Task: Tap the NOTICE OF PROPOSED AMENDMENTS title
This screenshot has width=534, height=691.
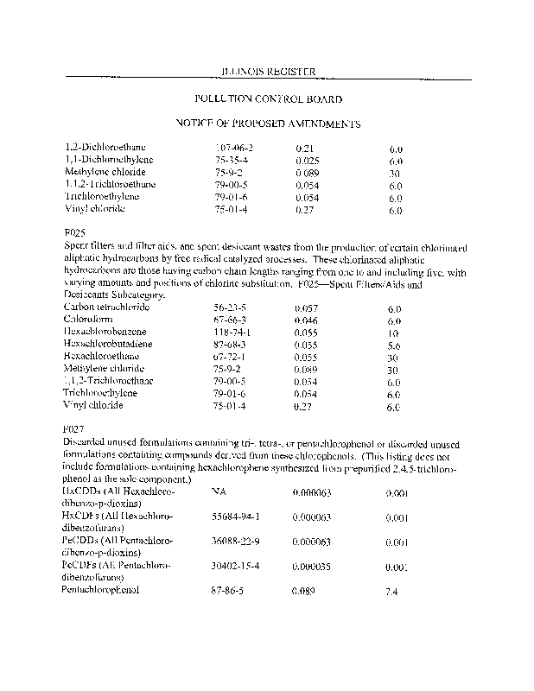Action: coord(268,124)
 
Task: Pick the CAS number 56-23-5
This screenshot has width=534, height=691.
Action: coord(229,307)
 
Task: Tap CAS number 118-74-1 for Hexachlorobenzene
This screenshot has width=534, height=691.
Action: coord(232,332)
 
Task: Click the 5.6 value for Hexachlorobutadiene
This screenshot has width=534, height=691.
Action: coord(394,344)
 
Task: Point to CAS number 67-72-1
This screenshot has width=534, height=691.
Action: coord(229,356)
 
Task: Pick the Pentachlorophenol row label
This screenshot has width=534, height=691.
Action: coord(100,590)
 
